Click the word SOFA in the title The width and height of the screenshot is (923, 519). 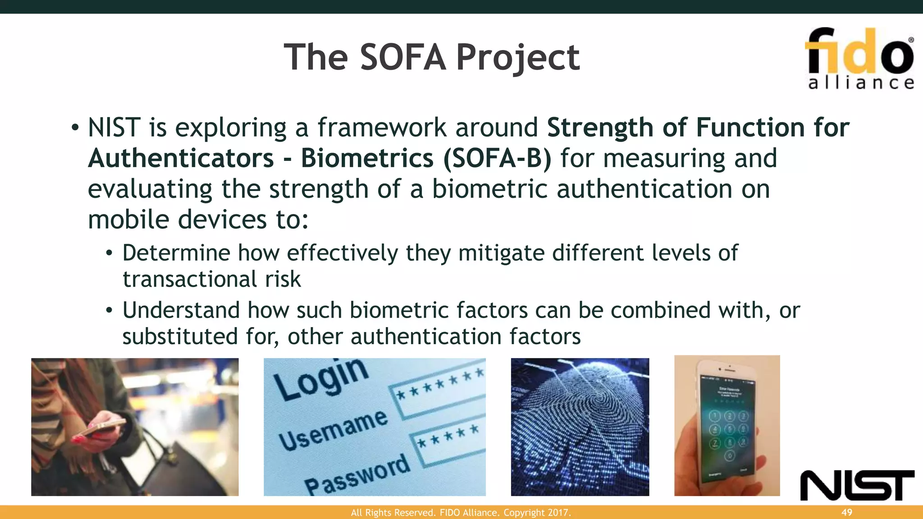coord(403,58)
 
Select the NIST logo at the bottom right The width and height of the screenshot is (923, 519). coord(857,485)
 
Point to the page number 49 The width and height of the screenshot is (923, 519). coord(847,512)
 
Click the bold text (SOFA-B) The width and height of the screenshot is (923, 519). coord(497,159)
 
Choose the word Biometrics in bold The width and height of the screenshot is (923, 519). coord(367,159)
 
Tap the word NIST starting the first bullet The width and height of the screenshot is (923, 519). coord(114,128)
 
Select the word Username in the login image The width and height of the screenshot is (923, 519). coord(333,430)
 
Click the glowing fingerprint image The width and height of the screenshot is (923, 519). coord(580,427)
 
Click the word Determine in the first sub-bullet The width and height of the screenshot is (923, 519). coord(176,253)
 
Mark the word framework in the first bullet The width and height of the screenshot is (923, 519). coord(381,128)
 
